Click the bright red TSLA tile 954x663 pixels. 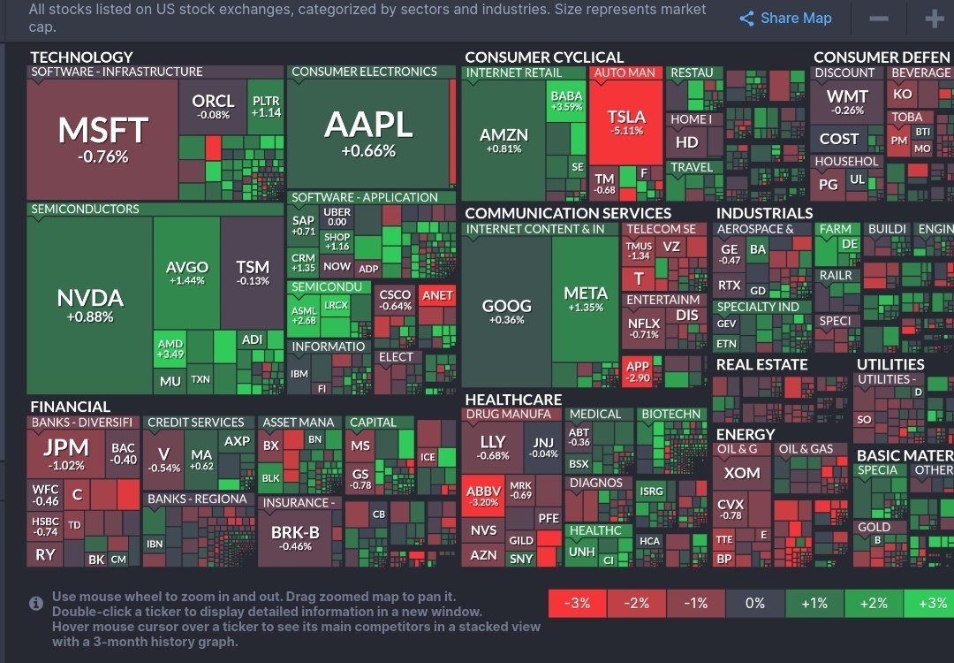627,121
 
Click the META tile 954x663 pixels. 586,299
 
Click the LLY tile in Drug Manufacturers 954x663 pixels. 493,446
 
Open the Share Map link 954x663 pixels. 786,18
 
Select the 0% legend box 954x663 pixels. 754,603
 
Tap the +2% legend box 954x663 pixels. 873,603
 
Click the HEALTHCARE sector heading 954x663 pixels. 513,400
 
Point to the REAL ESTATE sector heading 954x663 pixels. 761,364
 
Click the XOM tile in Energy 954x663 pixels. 742,473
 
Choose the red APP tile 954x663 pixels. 636,370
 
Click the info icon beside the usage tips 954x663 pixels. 36,603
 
